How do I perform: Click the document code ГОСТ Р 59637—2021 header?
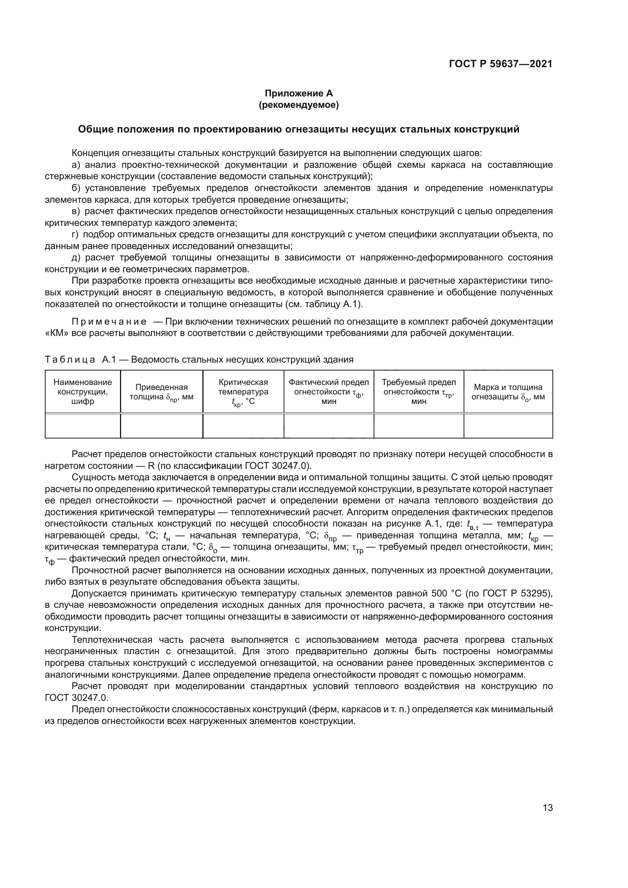point(500,64)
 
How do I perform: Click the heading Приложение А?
point(298,93)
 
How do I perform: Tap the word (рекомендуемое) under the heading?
point(298,105)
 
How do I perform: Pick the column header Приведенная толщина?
point(161,392)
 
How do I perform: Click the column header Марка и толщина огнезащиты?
point(508,392)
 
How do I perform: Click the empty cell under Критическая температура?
point(243,426)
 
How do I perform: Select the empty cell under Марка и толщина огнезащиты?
point(508,426)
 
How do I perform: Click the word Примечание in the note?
point(109,322)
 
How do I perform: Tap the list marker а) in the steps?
point(76,165)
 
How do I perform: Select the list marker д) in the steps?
point(76,257)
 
